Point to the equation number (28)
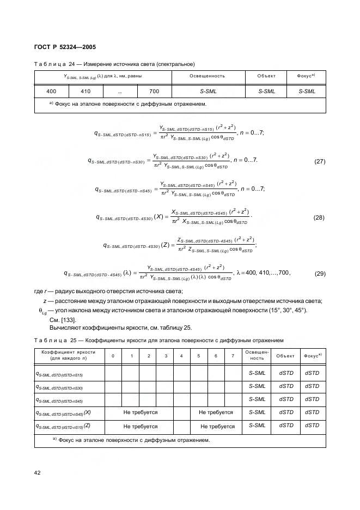320,217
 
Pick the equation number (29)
320,274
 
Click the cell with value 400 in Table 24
52,92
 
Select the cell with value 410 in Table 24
86,92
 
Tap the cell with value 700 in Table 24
154,92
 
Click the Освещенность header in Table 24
207,76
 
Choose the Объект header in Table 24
266,76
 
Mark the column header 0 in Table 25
113,356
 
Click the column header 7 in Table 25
233,356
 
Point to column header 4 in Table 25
181,356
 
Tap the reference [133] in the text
69,320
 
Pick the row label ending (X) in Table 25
63,413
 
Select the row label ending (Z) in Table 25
63,426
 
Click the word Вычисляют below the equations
65,328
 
